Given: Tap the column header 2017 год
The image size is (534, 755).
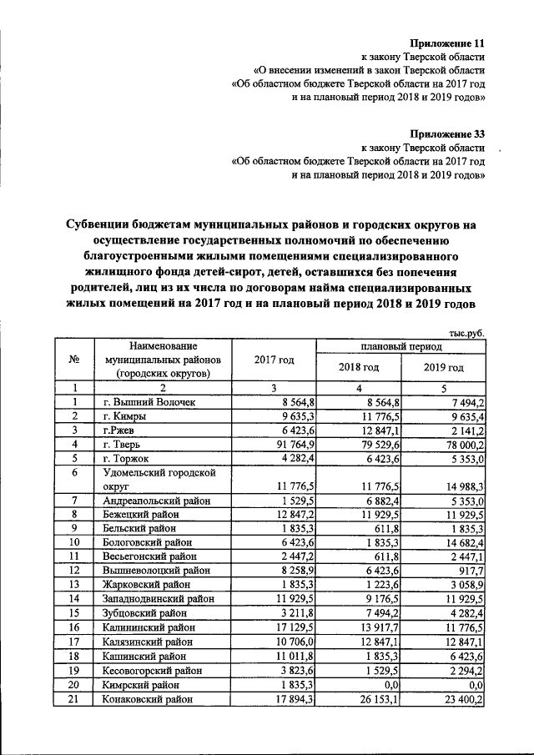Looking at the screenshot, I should pos(274,360).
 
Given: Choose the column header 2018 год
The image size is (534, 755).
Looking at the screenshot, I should pos(359,367).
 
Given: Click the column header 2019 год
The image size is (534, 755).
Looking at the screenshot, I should pos(443,367).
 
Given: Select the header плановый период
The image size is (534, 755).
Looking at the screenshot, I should pos(401,345).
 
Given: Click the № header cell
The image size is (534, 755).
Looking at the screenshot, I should pos(74,360).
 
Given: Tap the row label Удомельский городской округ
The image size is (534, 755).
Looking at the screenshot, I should pos(157,478).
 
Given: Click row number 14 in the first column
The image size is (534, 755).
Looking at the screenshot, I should pos(74,600).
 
